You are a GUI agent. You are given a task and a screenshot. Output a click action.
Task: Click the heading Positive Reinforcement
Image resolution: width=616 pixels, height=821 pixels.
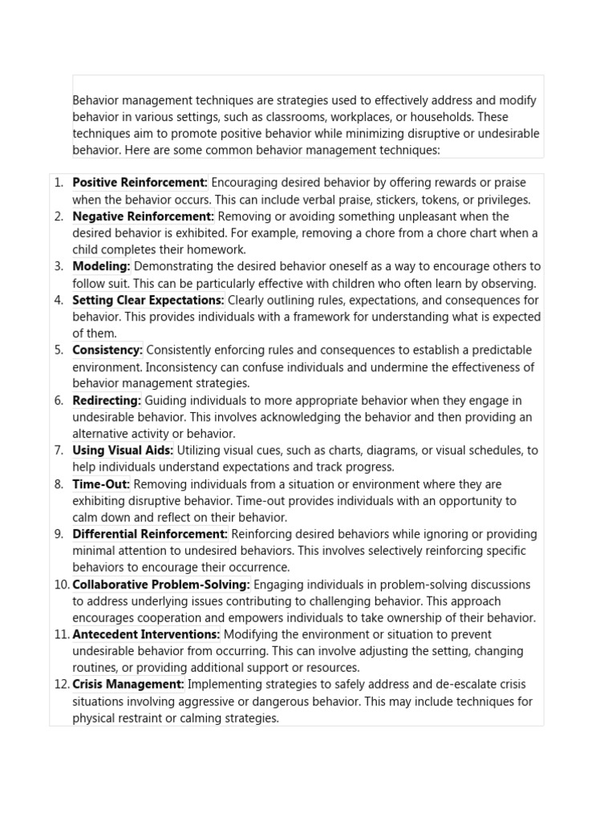pos(140,183)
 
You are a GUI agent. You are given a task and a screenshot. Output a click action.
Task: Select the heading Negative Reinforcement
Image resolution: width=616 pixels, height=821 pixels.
pos(143,216)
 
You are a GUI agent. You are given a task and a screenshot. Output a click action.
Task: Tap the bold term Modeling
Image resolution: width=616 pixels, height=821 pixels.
pos(101,266)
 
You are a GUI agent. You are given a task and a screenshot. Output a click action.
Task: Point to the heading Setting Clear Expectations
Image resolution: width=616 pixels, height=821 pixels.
pos(148,300)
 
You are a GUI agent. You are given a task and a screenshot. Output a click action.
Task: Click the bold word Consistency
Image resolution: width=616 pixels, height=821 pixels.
pos(107,350)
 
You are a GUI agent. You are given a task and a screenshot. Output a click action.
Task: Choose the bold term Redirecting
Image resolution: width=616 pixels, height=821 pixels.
pos(107,400)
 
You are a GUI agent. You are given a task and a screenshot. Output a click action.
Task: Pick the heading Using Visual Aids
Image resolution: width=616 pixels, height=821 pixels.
pos(123,451)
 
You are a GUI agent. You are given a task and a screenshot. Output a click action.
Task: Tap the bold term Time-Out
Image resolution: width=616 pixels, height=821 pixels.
pos(101,484)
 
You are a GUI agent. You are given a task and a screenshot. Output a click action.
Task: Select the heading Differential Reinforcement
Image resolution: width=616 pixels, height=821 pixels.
pos(150,534)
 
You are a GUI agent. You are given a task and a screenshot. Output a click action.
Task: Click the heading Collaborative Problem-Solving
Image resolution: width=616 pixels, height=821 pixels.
pos(161,584)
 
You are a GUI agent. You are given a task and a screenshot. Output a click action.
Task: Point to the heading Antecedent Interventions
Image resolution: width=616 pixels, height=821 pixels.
pos(146,634)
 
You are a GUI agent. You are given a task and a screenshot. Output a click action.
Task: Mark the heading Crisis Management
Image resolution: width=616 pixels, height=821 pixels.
pos(128,685)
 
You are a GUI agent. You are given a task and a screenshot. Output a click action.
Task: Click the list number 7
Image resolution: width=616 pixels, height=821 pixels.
pos(59,451)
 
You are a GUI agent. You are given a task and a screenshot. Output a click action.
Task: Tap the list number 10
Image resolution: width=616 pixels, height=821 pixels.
pos(62,584)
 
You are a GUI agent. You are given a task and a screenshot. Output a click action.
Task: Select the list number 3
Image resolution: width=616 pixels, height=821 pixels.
pos(59,266)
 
